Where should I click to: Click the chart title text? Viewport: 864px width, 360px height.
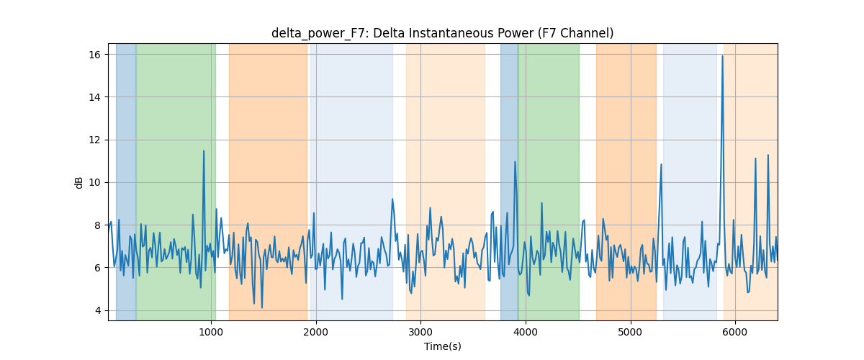coord(442,33)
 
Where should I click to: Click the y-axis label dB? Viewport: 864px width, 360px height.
coord(79,182)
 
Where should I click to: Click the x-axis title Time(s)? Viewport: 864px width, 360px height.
coord(442,346)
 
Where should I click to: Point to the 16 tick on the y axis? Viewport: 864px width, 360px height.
coord(94,55)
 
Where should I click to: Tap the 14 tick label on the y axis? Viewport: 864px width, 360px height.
coord(94,97)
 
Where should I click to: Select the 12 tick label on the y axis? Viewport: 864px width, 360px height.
coord(94,140)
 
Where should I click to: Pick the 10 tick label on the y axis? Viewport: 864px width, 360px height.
coord(94,182)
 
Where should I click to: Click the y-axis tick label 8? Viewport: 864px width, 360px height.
coord(97,225)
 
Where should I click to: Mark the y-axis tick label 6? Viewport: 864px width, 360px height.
coord(97,268)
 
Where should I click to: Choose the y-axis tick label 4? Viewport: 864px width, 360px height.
coord(97,310)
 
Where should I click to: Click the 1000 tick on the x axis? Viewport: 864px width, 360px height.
coord(211,332)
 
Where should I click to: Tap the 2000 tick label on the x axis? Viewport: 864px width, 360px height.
coord(316,332)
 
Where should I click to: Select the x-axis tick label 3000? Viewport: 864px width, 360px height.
coord(420,332)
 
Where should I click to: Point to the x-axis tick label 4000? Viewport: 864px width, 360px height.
coord(526,332)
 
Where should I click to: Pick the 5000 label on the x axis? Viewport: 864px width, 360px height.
coord(630,332)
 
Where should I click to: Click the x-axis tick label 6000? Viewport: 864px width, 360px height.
coord(735,332)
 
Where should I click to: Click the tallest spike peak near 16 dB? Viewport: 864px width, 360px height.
coord(722,56)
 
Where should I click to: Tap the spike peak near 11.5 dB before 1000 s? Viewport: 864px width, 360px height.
coord(204,151)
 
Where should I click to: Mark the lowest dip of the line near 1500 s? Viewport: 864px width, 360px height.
coord(262,307)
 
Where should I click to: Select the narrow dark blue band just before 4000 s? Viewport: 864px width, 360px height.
coord(509,181)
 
